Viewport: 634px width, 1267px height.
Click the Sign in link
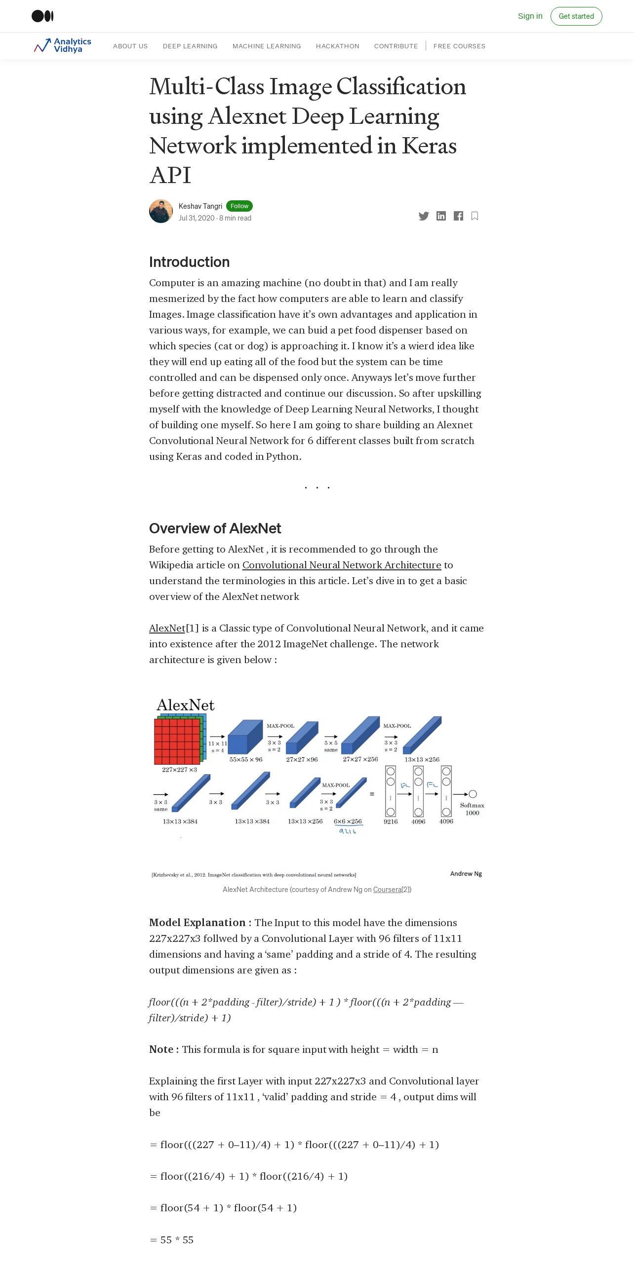tap(530, 16)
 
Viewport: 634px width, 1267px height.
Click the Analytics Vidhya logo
tap(63, 45)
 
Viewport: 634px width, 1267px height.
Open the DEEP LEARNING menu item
tap(190, 46)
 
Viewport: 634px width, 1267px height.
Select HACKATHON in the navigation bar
tap(337, 46)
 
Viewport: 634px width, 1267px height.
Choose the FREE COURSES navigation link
tap(459, 46)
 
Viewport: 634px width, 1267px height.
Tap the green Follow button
tap(239, 206)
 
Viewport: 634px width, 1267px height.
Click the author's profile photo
tap(161, 211)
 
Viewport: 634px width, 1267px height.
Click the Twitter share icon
tap(424, 216)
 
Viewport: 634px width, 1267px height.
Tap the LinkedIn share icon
tap(441, 216)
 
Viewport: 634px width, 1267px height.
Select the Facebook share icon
tap(458, 216)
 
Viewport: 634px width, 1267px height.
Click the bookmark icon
tap(475, 216)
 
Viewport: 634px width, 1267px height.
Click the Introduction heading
tap(189, 262)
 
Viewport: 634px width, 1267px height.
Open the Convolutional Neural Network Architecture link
tap(341, 565)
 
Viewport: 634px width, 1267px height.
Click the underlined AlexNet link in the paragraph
tap(167, 628)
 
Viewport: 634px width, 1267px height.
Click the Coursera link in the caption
tap(387, 890)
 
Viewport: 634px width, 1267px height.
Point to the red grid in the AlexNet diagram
tap(177, 741)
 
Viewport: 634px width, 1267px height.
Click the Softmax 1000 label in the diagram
tap(472, 809)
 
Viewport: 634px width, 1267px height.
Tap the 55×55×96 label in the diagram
tap(246, 760)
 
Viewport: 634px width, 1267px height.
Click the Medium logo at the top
tap(42, 16)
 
